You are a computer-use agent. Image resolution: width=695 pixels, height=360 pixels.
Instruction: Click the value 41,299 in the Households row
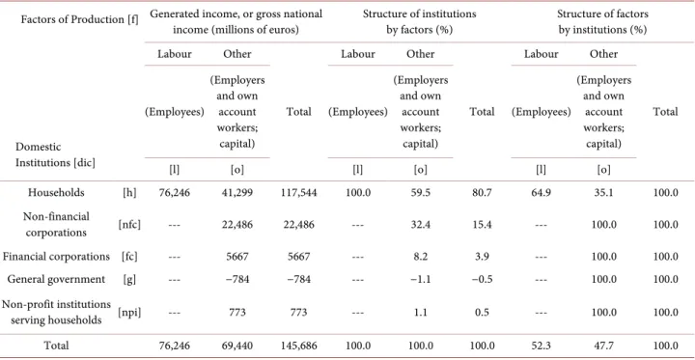237,193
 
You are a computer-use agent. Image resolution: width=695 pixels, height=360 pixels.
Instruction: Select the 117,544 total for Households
298,193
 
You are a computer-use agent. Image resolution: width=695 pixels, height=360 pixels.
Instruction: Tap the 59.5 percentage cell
420,193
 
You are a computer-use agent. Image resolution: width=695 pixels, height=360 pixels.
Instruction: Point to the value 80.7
482,193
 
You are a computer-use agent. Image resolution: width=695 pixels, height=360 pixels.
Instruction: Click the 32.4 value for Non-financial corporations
420,225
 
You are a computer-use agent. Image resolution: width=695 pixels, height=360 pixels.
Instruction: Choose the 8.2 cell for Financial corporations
420,257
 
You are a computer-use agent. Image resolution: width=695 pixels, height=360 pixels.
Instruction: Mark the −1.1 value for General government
420,280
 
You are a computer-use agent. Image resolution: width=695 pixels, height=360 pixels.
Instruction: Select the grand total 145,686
298,346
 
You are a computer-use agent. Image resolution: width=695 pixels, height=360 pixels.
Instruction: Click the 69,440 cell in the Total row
237,346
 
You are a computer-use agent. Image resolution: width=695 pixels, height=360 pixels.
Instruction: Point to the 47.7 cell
602,346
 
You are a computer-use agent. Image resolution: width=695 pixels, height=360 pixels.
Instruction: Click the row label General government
56,280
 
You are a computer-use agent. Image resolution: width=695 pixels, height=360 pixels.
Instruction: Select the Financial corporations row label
56,257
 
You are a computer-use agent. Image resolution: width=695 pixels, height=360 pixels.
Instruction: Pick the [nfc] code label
129,225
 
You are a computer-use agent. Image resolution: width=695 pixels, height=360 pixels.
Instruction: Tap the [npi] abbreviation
129,313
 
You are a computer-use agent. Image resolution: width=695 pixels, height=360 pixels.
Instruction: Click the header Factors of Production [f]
80,21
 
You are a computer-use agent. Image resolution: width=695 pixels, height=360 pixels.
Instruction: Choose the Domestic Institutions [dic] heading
55,154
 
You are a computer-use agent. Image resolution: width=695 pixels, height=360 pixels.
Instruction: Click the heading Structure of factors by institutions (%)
602,22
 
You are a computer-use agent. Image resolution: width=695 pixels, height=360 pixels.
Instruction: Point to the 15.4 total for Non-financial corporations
482,225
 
